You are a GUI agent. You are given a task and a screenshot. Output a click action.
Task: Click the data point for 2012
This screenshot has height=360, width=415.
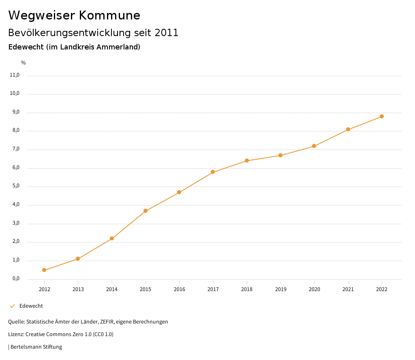click(x=44, y=270)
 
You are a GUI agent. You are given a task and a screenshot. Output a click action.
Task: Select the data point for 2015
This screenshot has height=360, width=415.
click(x=145, y=211)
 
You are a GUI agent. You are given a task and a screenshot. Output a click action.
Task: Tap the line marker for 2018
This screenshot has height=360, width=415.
click(x=247, y=161)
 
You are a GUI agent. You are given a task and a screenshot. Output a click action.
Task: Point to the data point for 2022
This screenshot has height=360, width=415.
click(x=382, y=116)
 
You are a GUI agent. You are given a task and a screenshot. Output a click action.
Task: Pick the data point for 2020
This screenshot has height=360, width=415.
click(x=314, y=146)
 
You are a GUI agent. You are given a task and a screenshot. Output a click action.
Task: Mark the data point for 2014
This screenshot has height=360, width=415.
click(x=112, y=238)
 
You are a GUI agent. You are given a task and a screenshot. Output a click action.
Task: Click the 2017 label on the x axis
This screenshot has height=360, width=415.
click(x=213, y=289)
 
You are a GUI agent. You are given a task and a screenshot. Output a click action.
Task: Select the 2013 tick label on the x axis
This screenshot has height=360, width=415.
click(x=78, y=289)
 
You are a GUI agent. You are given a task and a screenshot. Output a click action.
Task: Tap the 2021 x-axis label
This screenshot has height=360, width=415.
click(x=348, y=289)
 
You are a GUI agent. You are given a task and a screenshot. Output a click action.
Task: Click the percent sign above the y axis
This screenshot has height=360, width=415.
click(x=24, y=63)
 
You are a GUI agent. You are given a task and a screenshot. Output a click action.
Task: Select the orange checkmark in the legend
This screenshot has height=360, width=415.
click(x=12, y=306)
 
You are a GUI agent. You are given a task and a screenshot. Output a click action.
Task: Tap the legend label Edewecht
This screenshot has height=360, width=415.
click(x=31, y=306)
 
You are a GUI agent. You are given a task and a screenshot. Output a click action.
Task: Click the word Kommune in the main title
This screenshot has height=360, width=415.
click(x=109, y=15)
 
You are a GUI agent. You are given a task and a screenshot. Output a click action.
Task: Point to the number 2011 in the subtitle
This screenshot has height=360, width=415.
click(x=167, y=33)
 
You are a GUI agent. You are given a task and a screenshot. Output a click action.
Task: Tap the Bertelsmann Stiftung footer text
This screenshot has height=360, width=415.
click(x=36, y=347)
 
